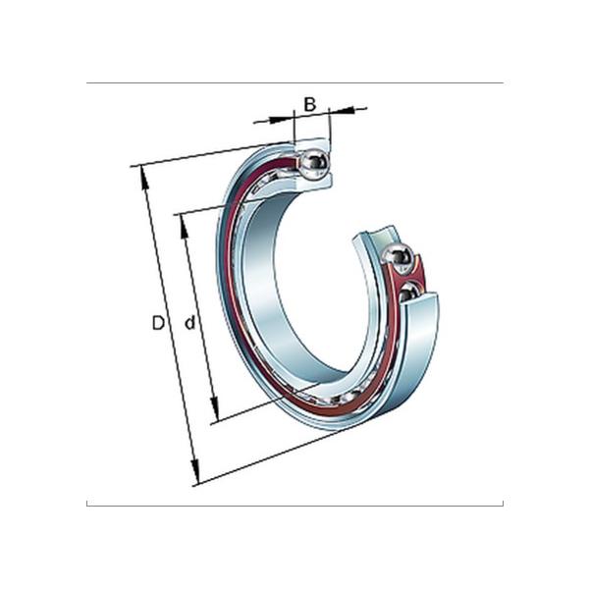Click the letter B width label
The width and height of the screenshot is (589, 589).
pos(309,103)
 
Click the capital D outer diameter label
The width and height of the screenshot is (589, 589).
pos(158,323)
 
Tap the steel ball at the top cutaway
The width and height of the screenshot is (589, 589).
pos(315,164)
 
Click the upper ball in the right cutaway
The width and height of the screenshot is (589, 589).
pos(398,257)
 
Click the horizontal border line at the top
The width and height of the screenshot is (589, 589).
pos(294,83)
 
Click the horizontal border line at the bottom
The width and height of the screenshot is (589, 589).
pos(294,506)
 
